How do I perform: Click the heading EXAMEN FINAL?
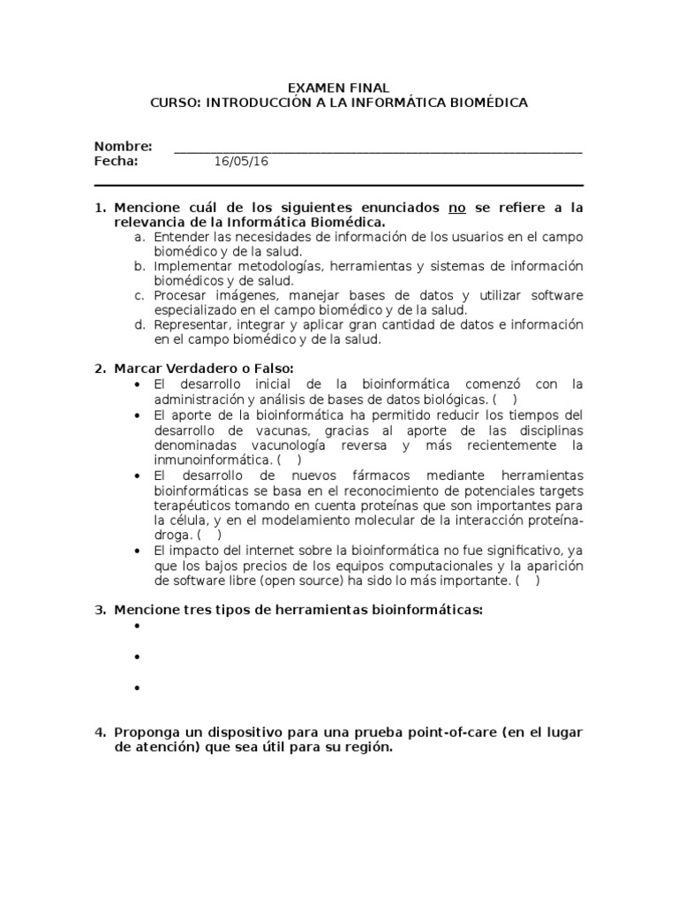click(x=339, y=87)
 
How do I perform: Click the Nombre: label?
click(x=123, y=146)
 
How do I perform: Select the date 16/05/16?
click(x=241, y=161)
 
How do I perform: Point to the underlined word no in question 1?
click(x=456, y=208)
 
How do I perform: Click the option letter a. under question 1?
click(x=139, y=237)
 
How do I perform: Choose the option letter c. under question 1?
click(x=139, y=295)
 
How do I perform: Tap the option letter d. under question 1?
click(x=139, y=324)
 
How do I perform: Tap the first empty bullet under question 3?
click(x=139, y=627)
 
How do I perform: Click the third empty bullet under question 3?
click(x=139, y=688)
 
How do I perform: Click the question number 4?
click(x=101, y=733)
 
